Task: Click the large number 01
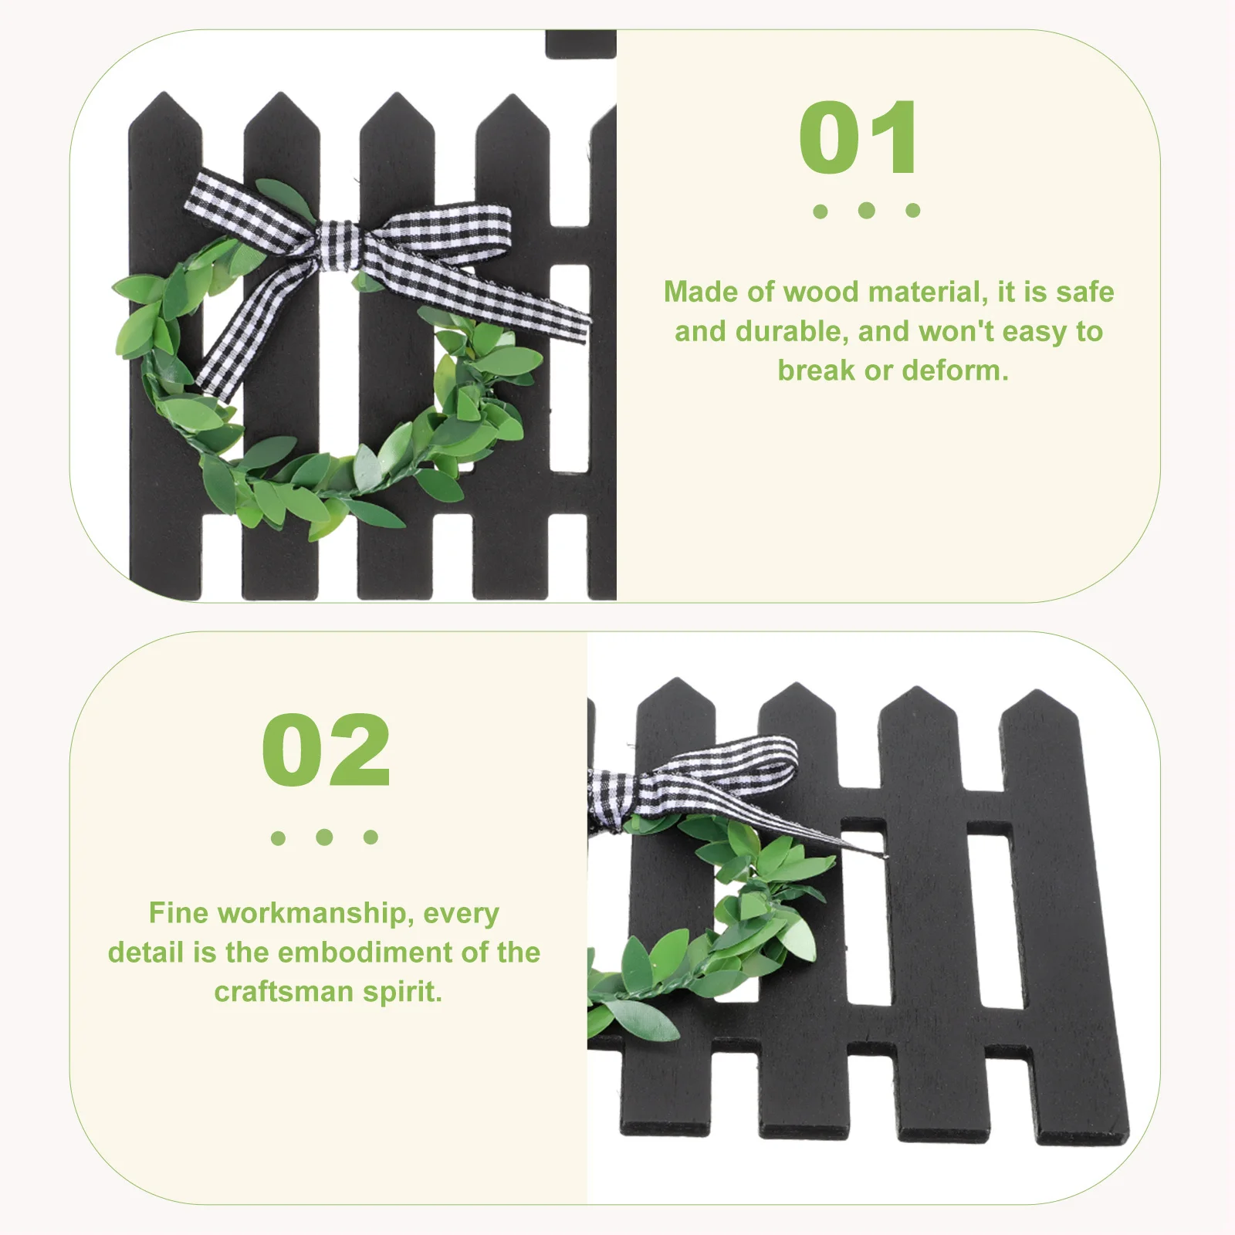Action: [858, 139]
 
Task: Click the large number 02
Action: [326, 750]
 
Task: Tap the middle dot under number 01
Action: [866, 210]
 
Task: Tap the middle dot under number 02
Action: [324, 837]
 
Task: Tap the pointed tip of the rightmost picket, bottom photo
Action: [1037, 695]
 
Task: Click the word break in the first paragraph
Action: [817, 370]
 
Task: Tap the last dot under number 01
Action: [913, 210]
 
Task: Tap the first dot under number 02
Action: [278, 837]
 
